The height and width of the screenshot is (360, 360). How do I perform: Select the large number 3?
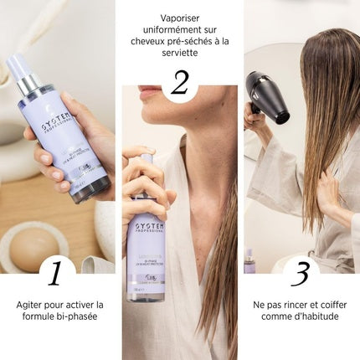coord(300,273)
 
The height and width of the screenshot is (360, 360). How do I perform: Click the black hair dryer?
coord(265,94)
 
